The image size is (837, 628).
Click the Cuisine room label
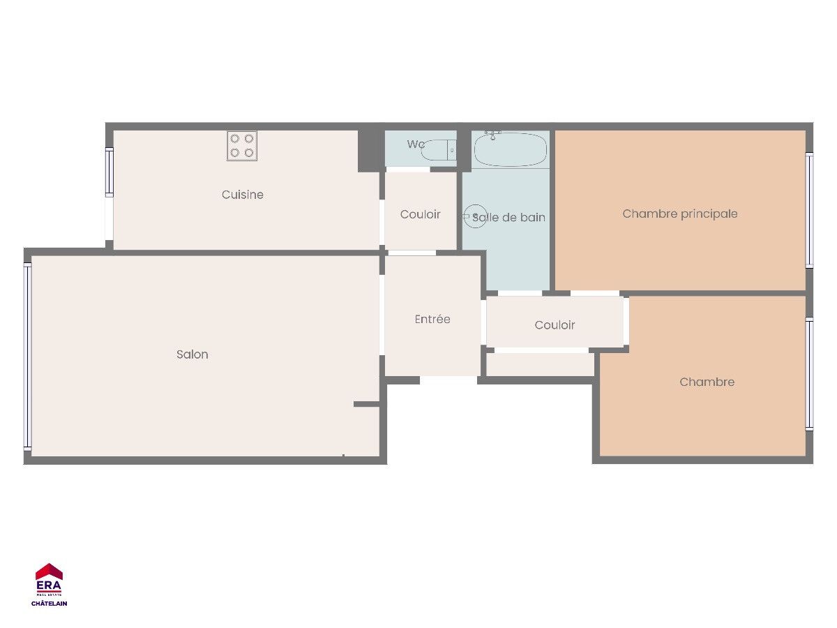tap(243, 195)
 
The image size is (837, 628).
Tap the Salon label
tap(193, 354)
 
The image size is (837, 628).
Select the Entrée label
tap(432, 319)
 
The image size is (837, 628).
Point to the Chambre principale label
tap(680, 214)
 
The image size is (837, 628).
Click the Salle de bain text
tap(508, 217)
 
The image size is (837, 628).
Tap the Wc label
tap(416, 144)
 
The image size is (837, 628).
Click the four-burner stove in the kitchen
tap(242, 146)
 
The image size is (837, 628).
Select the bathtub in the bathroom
tap(511, 149)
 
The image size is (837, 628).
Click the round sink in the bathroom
tap(475, 216)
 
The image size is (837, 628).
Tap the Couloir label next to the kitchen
tap(420, 214)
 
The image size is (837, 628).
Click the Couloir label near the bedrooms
tap(555, 325)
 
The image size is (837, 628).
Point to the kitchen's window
tap(110, 172)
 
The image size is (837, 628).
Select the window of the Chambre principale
tap(809, 210)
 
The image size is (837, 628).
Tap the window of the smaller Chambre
tap(809, 374)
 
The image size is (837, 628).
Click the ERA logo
tap(49, 580)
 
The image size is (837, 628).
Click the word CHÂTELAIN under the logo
tap(50, 603)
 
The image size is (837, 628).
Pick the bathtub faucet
tap(492, 135)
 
